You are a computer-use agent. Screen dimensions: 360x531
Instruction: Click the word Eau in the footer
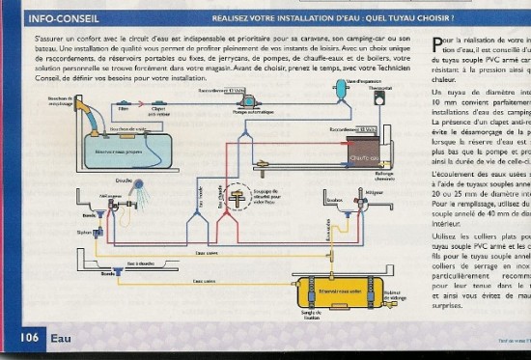click(63, 338)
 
